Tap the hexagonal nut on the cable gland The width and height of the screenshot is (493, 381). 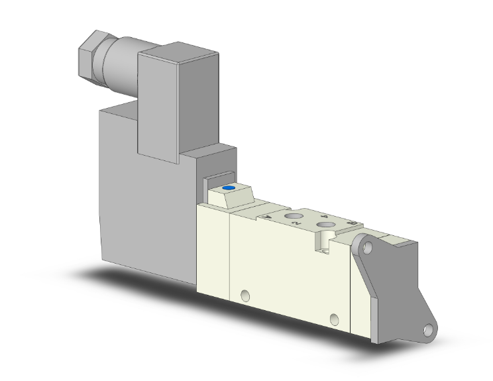[90, 54]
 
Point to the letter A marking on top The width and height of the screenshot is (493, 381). [267, 216]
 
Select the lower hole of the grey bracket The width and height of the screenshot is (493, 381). [431, 329]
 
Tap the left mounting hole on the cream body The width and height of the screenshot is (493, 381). [246, 295]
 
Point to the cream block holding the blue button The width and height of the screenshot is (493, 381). [232, 196]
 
